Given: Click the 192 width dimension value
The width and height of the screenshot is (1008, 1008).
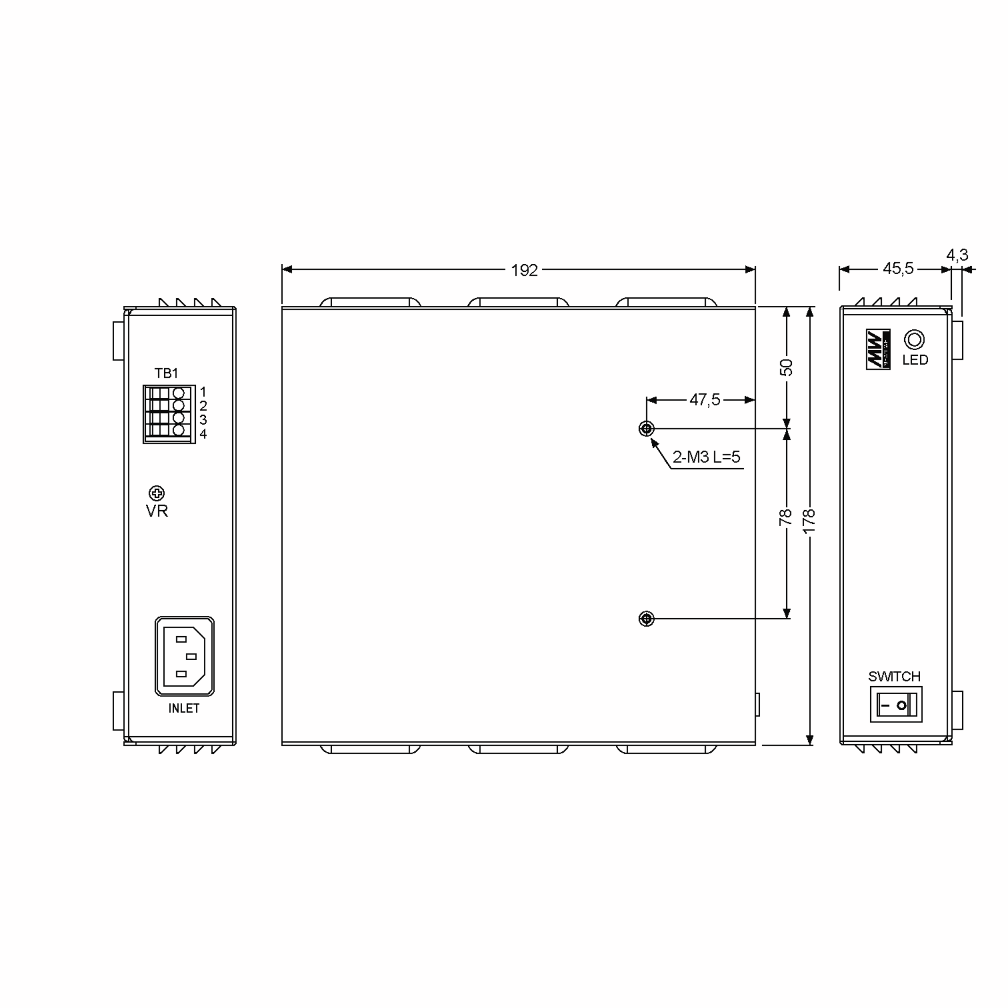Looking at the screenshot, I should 524,270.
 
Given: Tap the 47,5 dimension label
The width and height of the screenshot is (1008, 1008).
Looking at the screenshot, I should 704,400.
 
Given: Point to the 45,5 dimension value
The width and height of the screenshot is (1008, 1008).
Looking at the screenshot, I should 898,268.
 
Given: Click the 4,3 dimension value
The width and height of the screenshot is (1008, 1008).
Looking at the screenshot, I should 958,255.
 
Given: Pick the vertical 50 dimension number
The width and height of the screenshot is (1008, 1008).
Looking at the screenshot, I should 786,367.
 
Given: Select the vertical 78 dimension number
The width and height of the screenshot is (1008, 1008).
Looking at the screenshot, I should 786,517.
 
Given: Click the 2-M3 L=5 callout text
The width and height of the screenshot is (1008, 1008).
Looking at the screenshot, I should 706,457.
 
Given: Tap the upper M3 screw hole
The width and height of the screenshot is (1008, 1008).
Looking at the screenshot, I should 646,429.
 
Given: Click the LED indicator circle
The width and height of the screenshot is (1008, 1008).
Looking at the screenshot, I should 914,340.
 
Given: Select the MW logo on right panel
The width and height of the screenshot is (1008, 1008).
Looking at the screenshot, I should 878,349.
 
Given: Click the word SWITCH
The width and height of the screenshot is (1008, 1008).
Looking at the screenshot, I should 894,677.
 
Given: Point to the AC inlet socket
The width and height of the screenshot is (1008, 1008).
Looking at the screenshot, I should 184,656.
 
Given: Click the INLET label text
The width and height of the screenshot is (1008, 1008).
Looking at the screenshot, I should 184,708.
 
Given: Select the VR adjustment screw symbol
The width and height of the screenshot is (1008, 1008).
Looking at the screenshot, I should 157,493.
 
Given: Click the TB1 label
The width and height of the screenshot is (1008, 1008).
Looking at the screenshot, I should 166,373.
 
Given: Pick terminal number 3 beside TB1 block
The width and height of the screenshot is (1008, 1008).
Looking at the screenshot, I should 203,420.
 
